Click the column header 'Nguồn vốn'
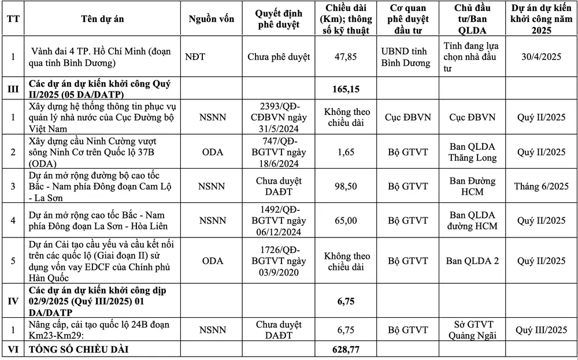(212, 18)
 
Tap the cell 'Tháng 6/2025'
(541, 186)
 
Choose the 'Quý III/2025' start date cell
(541, 329)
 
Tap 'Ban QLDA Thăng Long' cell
(472, 152)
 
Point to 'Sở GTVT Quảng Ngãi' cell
(472, 329)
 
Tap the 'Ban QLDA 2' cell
(472, 261)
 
